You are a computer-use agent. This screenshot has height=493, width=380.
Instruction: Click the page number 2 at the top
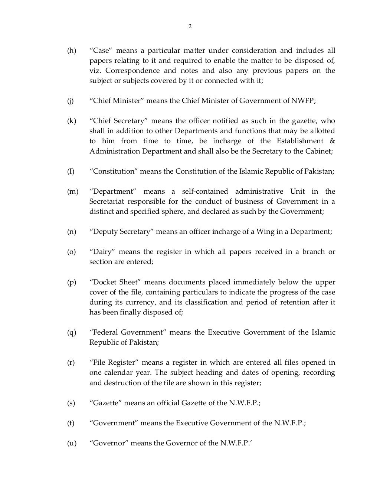[x=190, y=26]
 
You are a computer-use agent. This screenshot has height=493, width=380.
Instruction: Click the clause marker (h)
[x=71, y=51]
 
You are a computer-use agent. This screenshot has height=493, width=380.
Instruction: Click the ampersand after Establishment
[x=332, y=141]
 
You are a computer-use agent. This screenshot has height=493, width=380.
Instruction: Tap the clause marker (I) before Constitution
[x=71, y=171]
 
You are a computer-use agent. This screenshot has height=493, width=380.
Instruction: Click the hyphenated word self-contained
[x=205, y=191]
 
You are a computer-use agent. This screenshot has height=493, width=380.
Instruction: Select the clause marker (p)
[x=71, y=282]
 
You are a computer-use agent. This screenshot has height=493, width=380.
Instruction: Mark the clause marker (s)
[x=71, y=403]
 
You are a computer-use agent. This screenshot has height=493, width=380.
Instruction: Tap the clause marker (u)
[x=71, y=443]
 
